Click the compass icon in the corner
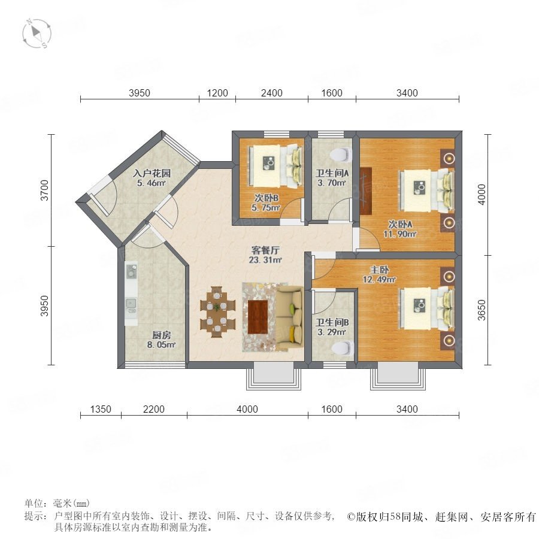click(x=37, y=34)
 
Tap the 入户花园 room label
click(x=152, y=173)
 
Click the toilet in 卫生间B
click(x=343, y=348)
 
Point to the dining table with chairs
click(x=218, y=311)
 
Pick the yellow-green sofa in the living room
click(x=289, y=317)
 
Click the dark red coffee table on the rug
click(x=258, y=317)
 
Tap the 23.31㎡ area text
click(x=265, y=261)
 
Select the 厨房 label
click(x=162, y=335)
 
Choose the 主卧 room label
click(x=379, y=270)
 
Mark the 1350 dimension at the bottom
click(x=101, y=409)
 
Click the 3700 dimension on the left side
click(x=45, y=190)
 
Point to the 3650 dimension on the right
click(x=482, y=310)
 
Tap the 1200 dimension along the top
click(x=217, y=93)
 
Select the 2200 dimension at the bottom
click(x=154, y=409)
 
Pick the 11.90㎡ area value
click(x=400, y=234)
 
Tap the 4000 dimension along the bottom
click(x=247, y=409)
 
